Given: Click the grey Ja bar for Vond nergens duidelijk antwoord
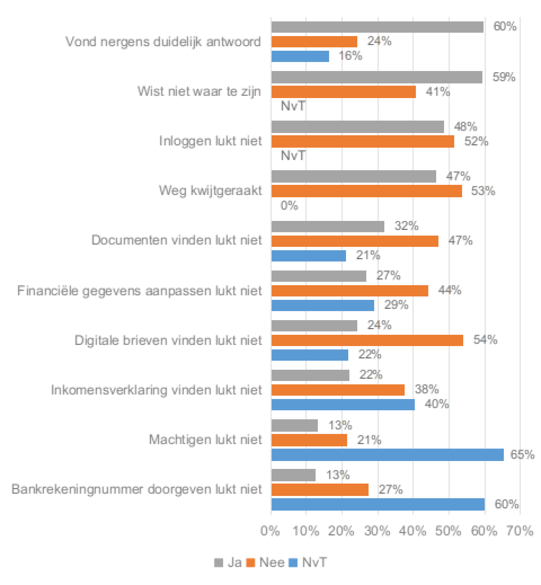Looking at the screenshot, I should (x=377, y=27).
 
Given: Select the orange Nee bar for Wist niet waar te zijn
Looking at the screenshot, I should (x=343, y=92).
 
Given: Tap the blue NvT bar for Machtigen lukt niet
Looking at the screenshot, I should (x=387, y=455).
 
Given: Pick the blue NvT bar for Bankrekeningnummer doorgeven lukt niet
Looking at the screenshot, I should (x=378, y=504).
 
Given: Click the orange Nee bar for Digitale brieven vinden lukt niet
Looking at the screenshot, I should (x=367, y=340).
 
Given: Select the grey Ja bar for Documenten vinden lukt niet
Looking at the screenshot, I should (x=328, y=227).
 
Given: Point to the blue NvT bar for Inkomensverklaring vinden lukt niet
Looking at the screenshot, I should (x=343, y=405).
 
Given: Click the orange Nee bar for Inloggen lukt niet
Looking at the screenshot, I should (x=363, y=141).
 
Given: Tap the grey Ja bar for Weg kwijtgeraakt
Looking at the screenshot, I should (x=354, y=176).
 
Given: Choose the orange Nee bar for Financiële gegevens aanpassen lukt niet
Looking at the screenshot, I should (x=350, y=291).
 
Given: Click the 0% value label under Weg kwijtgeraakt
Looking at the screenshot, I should (x=289, y=206).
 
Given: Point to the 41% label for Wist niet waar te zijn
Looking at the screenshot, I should (x=438, y=92).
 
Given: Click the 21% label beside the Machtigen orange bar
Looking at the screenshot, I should (x=369, y=440).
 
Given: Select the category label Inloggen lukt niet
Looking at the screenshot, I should (x=210, y=141).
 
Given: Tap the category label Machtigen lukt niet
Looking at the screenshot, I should (x=205, y=440).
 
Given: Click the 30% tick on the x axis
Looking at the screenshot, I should (x=378, y=531).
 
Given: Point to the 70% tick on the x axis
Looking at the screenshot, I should (x=520, y=531).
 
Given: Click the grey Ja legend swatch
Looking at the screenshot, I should (x=218, y=563).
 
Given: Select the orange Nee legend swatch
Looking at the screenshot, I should (x=251, y=563).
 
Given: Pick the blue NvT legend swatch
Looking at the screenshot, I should (x=293, y=563).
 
